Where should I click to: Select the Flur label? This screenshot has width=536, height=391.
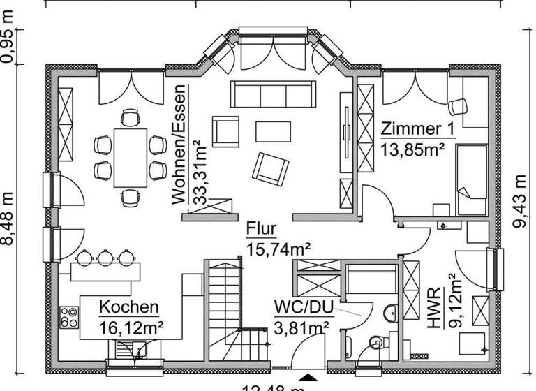pyautogui.click(x=262, y=229)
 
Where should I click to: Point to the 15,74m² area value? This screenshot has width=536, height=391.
pyautogui.click(x=278, y=248)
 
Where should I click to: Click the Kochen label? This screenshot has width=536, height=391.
pyautogui.click(x=128, y=307)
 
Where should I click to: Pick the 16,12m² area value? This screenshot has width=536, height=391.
pyautogui.click(x=131, y=326)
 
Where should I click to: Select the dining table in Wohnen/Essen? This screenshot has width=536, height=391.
pyautogui.click(x=131, y=157)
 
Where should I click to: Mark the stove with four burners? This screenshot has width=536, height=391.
pyautogui.click(x=69, y=318)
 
